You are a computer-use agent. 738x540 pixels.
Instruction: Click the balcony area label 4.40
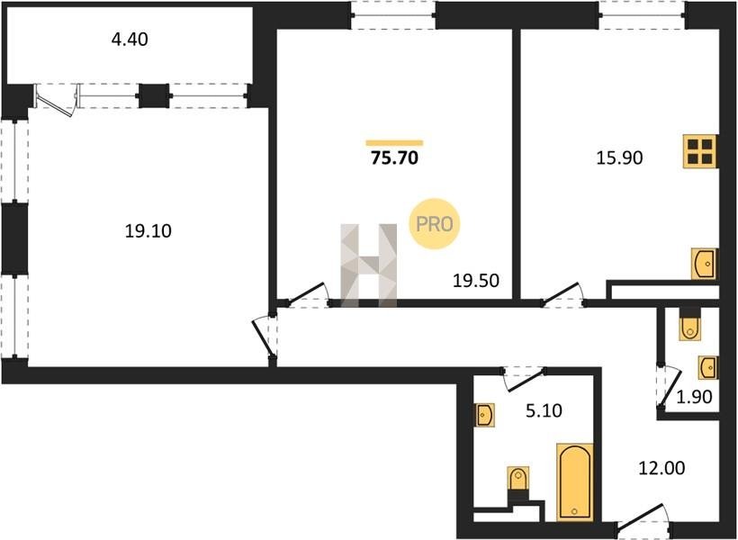click(130, 40)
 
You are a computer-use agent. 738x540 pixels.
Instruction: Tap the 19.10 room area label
click(148, 231)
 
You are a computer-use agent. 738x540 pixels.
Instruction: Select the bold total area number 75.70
click(394, 158)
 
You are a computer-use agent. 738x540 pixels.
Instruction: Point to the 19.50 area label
click(475, 281)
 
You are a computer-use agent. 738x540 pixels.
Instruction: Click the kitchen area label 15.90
click(619, 158)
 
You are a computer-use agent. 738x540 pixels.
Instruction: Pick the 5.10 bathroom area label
click(544, 411)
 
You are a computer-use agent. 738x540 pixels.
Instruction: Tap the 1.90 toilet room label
click(694, 397)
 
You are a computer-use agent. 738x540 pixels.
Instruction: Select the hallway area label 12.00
click(661, 468)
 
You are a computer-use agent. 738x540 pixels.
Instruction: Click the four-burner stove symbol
click(700, 151)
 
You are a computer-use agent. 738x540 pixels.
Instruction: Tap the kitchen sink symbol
click(705, 264)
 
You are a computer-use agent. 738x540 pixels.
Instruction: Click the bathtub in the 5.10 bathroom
click(574, 482)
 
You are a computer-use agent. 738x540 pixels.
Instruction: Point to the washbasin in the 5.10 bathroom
click(485, 415)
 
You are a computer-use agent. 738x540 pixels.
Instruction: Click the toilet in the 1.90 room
click(690, 324)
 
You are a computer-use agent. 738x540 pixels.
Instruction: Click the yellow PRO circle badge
click(434, 224)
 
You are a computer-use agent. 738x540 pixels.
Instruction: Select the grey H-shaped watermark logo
click(368, 265)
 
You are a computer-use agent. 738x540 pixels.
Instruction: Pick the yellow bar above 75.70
click(394, 143)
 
